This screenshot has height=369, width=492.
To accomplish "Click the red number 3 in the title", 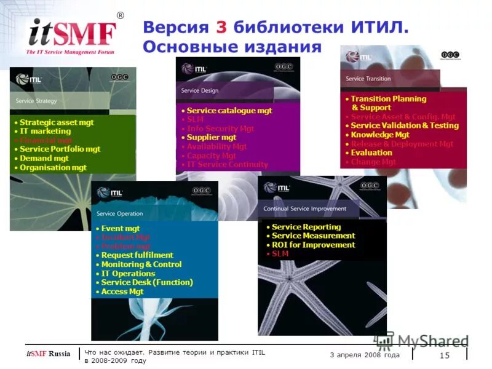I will click(221, 28).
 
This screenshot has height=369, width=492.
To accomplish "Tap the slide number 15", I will click(444, 355).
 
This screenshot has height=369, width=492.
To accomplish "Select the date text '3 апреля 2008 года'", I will click(365, 355).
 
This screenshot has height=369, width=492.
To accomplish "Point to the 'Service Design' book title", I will click(199, 90).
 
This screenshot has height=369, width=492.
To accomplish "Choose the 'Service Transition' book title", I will click(368, 79).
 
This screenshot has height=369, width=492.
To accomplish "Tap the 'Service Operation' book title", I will click(119, 214).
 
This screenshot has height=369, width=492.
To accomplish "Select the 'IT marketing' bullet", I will click(45, 131).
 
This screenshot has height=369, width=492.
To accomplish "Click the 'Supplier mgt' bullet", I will click(212, 138).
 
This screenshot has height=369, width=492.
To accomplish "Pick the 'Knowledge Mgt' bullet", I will click(379, 135).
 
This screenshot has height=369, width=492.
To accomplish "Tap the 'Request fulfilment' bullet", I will click(137, 255).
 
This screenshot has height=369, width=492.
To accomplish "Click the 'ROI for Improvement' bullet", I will click(313, 245).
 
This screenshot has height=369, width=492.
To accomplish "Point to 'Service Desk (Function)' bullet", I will click(146, 282).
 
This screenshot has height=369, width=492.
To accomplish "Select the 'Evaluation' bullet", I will click(371, 153).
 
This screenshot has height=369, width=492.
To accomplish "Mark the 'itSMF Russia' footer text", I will click(48, 354).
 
